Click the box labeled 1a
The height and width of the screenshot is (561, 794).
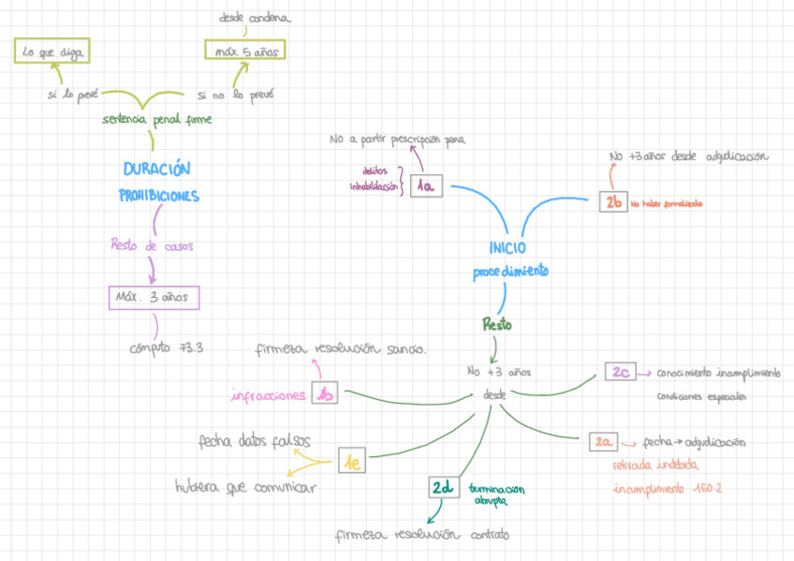[x=426, y=186]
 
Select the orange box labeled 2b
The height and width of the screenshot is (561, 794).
[x=613, y=201]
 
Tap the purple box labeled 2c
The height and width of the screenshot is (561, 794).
[x=622, y=372]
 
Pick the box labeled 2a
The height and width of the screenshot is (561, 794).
[x=604, y=441]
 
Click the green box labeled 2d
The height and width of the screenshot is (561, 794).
[x=442, y=488]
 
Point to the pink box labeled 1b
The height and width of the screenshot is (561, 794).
[x=324, y=395]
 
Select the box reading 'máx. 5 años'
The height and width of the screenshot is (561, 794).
[x=244, y=52]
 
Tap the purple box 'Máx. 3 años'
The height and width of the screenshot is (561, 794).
[x=154, y=297]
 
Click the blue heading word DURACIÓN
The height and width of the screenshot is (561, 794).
[x=156, y=170]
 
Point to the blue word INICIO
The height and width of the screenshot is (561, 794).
[x=507, y=248]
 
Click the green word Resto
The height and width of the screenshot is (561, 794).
[x=496, y=325]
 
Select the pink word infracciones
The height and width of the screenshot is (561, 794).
[x=269, y=396]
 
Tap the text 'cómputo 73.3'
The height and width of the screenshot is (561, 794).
[x=167, y=347]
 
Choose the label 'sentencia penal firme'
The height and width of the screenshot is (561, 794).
[x=157, y=119]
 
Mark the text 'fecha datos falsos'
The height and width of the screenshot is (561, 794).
[x=255, y=441]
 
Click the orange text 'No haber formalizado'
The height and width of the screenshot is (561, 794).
[x=667, y=203]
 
